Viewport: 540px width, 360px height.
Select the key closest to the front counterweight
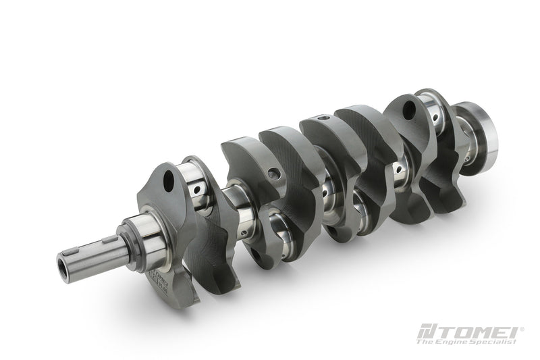[110, 239]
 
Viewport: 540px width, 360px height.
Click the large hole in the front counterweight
[171, 179]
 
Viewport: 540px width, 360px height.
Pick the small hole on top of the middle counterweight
[323, 119]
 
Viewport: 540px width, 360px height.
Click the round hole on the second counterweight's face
[273, 174]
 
